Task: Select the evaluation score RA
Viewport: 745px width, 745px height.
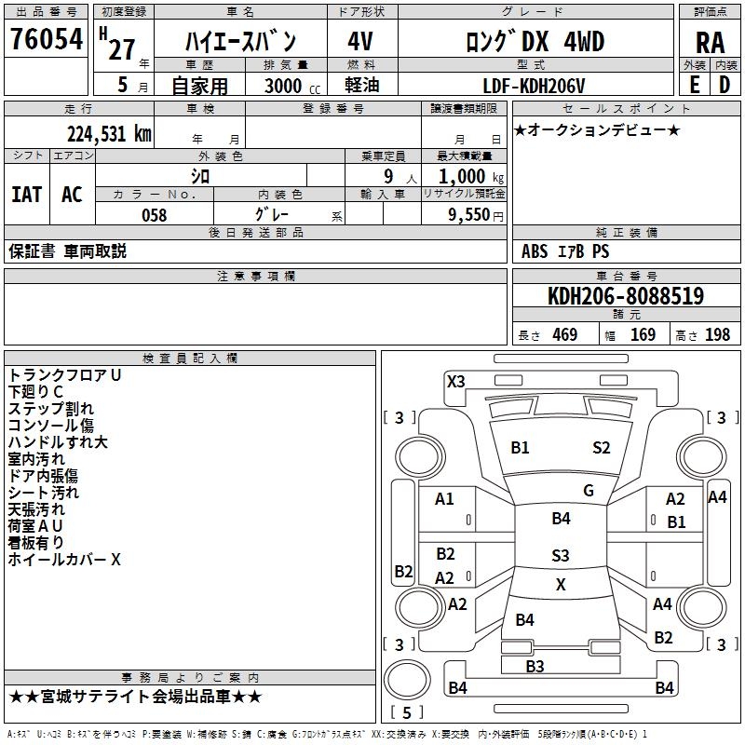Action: pyautogui.click(x=710, y=42)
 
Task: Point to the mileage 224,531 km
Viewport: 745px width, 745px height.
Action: pyautogui.click(x=109, y=134)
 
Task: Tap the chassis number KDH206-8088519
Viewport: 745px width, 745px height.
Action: pyautogui.click(x=625, y=297)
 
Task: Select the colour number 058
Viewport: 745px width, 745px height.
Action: pyautogui.click(x=154, y=215)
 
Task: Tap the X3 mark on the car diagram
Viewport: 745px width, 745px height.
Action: pyautogui.click(x=456, y=381)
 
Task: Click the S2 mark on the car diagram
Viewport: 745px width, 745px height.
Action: pyautogui.click(x=602, y=448)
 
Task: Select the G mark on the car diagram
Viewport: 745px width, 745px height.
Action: pyautogui.click(x=589, y=490)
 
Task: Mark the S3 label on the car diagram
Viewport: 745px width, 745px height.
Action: pyautogui.click(x=560, y=556)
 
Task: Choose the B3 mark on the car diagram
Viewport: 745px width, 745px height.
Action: pyautogui.click(x=535, y=666)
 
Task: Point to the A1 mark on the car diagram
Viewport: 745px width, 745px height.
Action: pyautogui.click(x=444, y=499)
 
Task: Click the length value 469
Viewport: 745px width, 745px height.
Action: pyautogui.click(x=564, y=335)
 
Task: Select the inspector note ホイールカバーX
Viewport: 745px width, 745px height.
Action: pyautogui.click(x=64, y=560)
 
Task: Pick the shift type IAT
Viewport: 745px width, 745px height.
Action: pyautogui.click(x=26, y=194)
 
